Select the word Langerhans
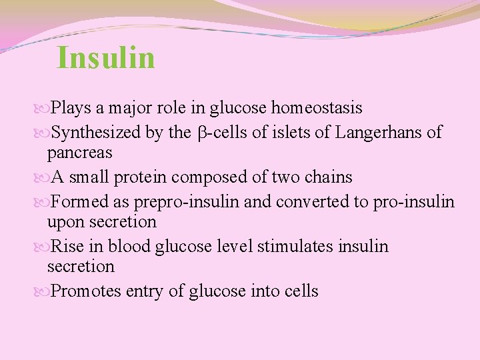(379, 133)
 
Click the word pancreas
(79, 152)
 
